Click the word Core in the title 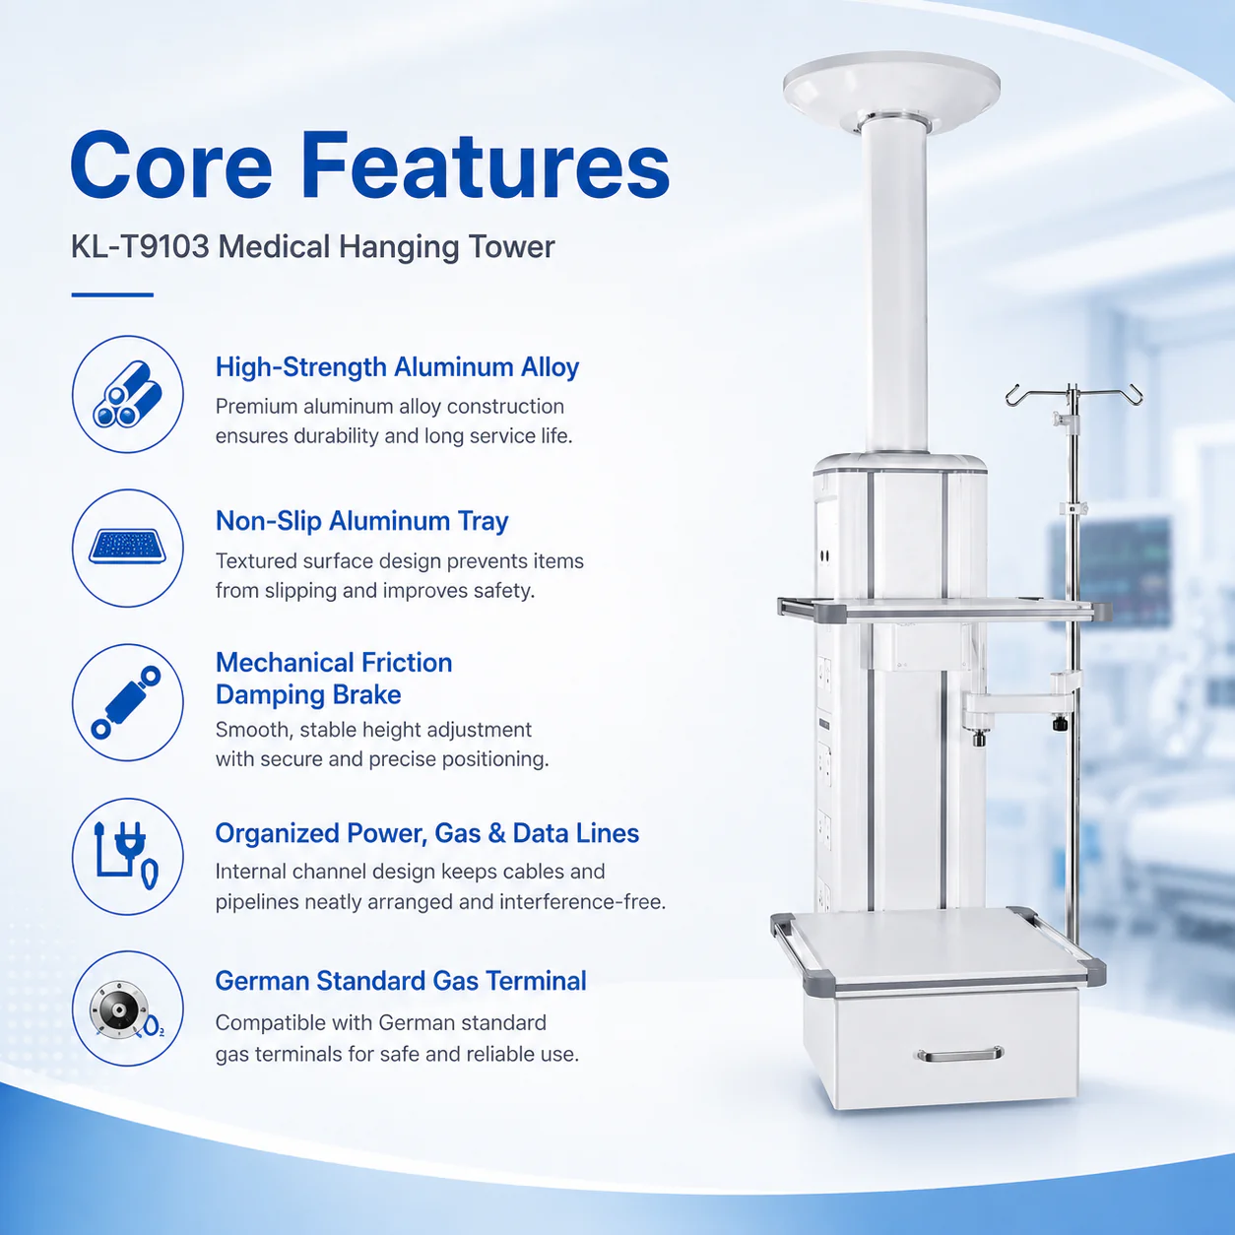click(x=171, y=165)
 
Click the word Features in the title click(x=486, y=165)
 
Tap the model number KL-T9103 click(x=140, y=247)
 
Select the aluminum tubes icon click(x=127, y=394)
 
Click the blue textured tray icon click(x=127, y=547)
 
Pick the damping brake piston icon click(x=126, y=702)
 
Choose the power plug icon click(x=126, y=856)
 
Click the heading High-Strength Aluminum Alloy click(x=397, y=368)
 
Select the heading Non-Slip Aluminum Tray click(x=361, y=521)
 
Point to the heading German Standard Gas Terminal click(x=401, y=981)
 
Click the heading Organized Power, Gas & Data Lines click(x=426, y=833)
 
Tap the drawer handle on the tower click(x=959, y=1054)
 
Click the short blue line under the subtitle click(x=112, y=294)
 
